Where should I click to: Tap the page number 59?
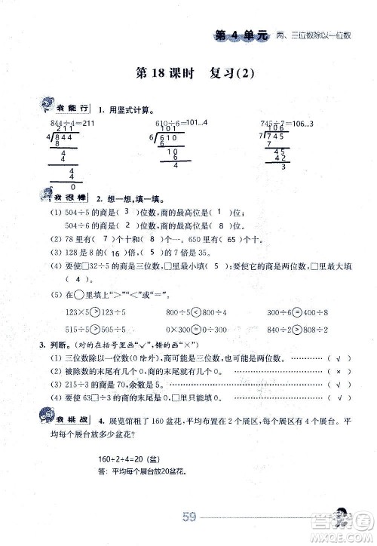[189, 517]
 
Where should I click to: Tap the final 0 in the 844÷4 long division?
[72, 187]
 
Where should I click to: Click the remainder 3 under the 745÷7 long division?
[284, 167]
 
